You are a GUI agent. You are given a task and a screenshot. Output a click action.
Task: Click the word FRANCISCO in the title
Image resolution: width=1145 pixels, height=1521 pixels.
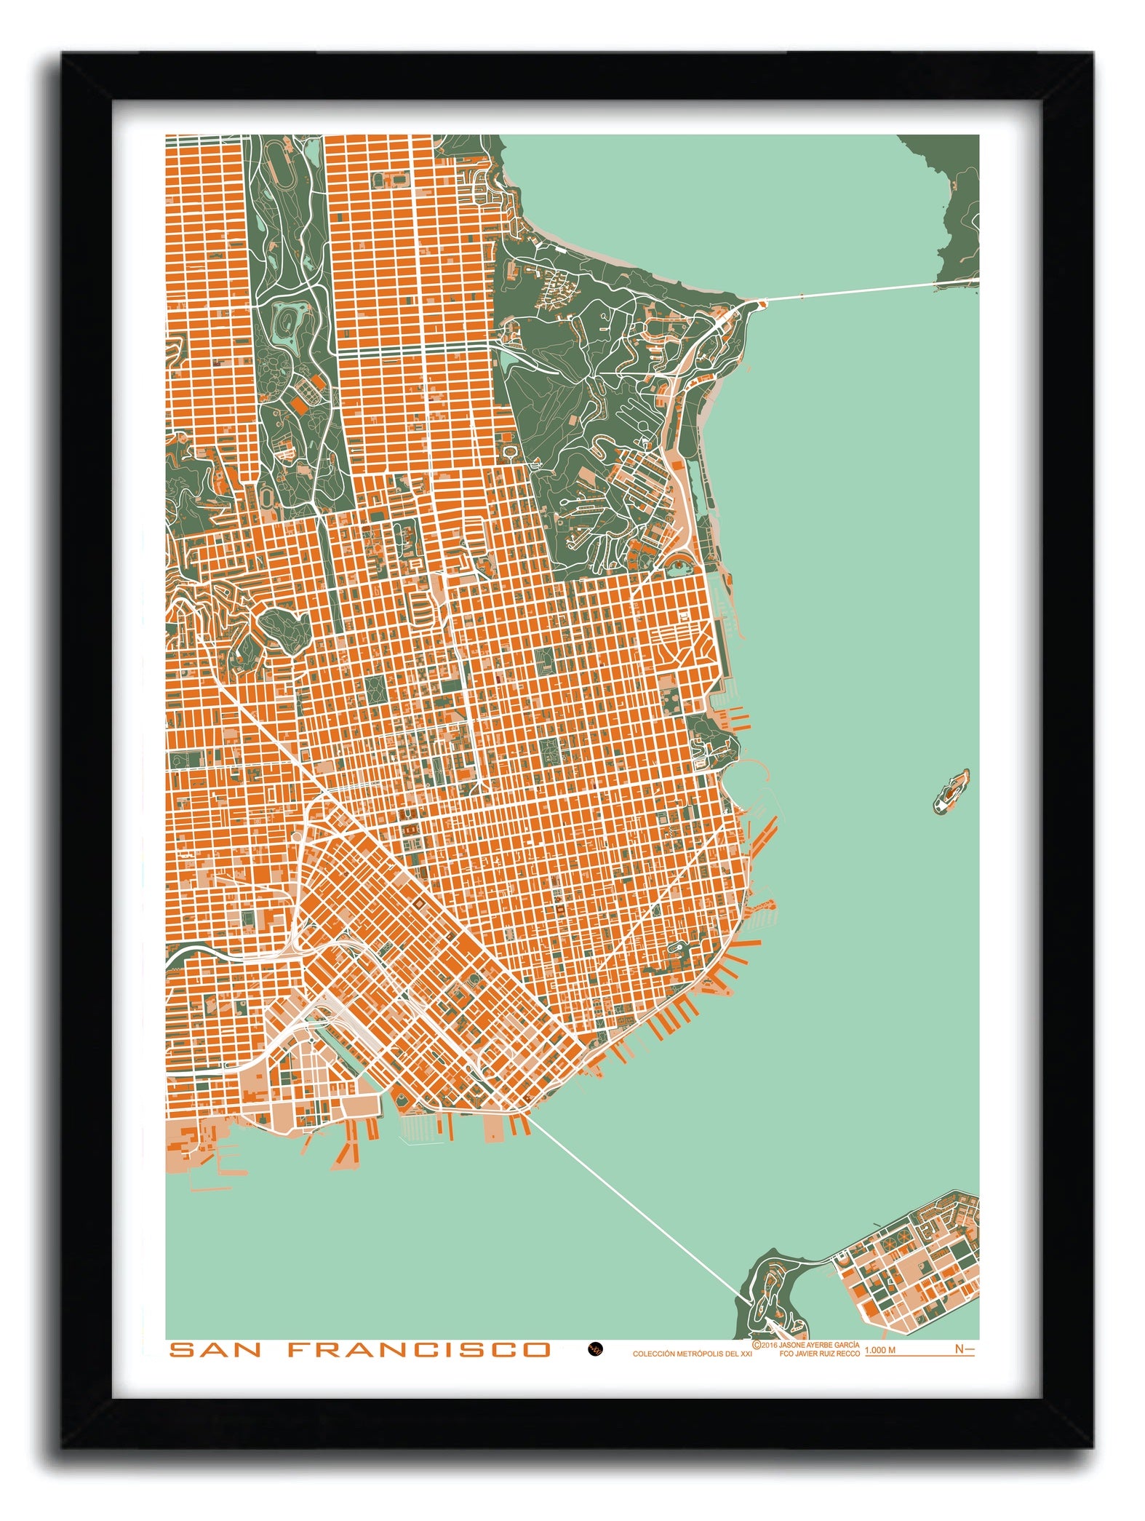(x=419, y=1350)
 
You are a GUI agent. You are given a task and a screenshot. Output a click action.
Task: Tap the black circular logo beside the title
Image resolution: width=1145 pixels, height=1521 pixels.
(x=595, y=1349)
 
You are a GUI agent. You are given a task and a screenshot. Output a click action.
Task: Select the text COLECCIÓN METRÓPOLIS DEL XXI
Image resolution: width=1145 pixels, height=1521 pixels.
(x=692, y=1354)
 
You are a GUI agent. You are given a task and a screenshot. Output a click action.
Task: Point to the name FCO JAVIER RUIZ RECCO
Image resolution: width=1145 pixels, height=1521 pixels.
(x=818, y=1354)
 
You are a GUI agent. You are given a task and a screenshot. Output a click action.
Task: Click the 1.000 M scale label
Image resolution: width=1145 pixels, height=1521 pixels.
(x=879, y=1350)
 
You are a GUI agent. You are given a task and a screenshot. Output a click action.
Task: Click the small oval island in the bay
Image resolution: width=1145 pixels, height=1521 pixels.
(x=951, y=791)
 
